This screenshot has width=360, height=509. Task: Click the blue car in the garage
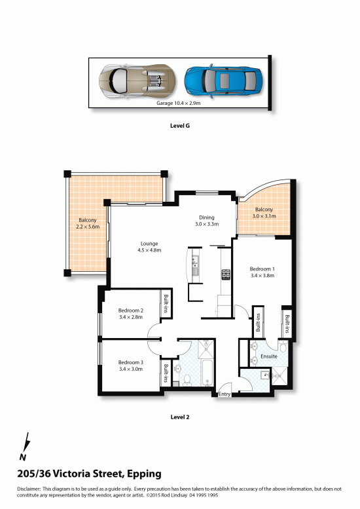point(223,81)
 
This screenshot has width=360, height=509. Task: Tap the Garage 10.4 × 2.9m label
point(179,104)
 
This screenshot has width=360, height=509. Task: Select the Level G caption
point(180,126)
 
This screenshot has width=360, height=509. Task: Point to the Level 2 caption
point(180,417)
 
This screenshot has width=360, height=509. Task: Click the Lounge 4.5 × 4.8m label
point(149,247)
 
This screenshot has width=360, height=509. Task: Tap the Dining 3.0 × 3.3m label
point(207,221)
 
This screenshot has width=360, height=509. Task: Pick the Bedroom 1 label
point(262,272)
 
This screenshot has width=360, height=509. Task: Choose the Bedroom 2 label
point(131,314)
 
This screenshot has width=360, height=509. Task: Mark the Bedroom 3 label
point(131,366)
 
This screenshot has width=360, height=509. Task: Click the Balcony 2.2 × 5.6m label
point(88,223)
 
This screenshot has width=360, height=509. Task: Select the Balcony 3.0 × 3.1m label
point(264,213)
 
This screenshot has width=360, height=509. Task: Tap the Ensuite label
point(269,356)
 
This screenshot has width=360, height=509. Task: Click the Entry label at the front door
point(225,394)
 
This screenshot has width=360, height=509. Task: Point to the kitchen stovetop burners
point(226,274)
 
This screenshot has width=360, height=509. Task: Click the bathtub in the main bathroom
point(207,373)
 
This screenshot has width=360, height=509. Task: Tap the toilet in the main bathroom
point(187,381)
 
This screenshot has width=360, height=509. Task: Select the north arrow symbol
point(25,446)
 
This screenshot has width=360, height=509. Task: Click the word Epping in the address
point(144,474)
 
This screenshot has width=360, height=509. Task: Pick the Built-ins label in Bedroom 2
point(166,303)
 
